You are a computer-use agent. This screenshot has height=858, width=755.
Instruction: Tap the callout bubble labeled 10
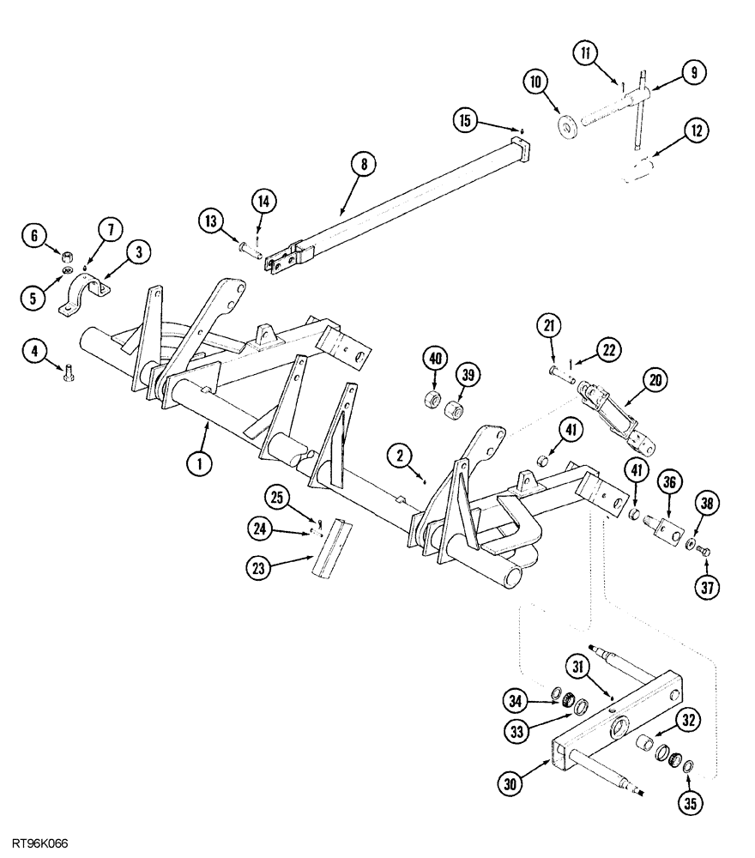pyautogui.click(x=535, y=82)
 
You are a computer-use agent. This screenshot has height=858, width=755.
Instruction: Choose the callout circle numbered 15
pyautogui.click(x=466, y=122)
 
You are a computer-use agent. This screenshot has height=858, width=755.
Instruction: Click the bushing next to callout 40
pyautogui.click(x=434, y=401)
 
